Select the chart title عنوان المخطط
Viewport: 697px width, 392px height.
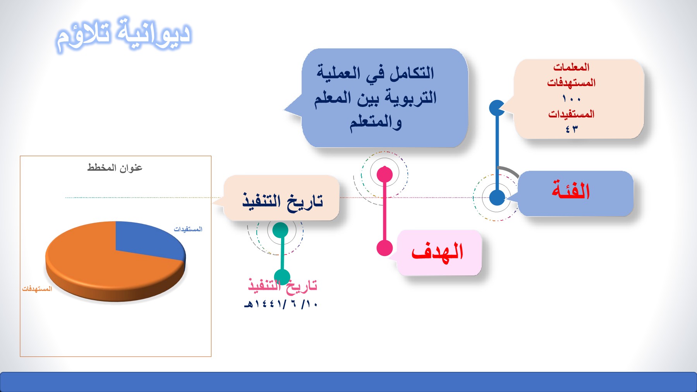point(115,168)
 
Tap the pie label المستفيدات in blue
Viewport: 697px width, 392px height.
point(188,229)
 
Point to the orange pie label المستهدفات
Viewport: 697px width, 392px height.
point(37,289)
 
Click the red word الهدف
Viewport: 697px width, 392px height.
point(437,252)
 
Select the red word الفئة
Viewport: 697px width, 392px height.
point(571,191)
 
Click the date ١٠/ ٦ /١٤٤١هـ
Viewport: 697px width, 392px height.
point(281,304)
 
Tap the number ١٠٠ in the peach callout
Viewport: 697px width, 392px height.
point(572,99)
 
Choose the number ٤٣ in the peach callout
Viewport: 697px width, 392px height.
point(572,129)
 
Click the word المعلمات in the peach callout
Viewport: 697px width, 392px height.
point(572,67)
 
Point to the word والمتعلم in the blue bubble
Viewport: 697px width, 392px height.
point(376,122)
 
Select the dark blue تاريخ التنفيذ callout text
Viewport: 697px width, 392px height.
point(283,200)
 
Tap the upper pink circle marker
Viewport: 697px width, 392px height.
point(385,174)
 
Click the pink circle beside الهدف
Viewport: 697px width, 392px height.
point(385,248)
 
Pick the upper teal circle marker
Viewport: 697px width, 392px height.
point(280,230)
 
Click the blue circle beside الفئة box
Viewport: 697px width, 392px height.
point(497,198)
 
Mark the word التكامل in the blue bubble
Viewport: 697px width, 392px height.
point(412,73)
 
